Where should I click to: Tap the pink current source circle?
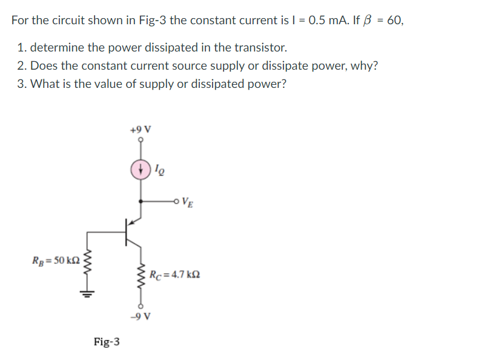pos(141,170)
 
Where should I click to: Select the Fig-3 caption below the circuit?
pos(107,342)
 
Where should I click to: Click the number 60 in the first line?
pos(394,20)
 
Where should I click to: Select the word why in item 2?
pos(363,65)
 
